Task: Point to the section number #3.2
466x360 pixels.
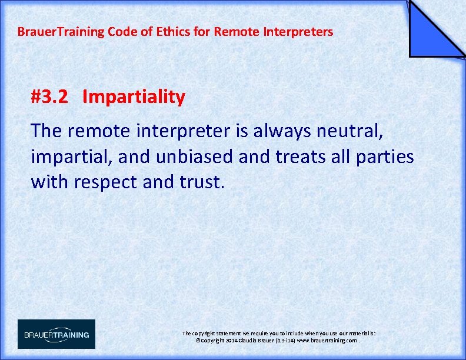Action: pos(52,97)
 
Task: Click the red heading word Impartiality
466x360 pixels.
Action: pos(134,97)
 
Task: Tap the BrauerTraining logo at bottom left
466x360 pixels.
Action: pos(56,334)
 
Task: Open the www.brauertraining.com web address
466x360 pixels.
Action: pos(328,341)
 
